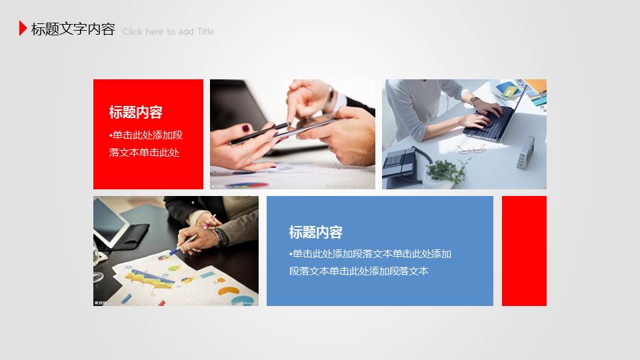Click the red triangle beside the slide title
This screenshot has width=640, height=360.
tap(23, 28)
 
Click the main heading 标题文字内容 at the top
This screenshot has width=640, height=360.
tap(73, 29)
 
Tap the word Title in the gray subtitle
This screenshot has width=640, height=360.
tap(205, 31)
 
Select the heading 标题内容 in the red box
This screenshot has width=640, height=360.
tap(136, 112)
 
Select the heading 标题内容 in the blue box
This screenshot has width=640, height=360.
tap(316, 232)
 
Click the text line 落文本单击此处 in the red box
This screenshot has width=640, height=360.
tap(145, 152)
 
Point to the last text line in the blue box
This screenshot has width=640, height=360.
tap(359, 271)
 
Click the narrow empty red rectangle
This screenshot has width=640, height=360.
tap(524, 251)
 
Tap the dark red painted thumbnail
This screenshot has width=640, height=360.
tap(245, 128)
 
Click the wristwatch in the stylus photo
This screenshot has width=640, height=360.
tap(331, 95)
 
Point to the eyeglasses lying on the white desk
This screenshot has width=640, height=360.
tap(471, 147)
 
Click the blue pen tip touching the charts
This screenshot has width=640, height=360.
tap(173, 252)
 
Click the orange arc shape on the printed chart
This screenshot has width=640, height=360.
tap(227, 291)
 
